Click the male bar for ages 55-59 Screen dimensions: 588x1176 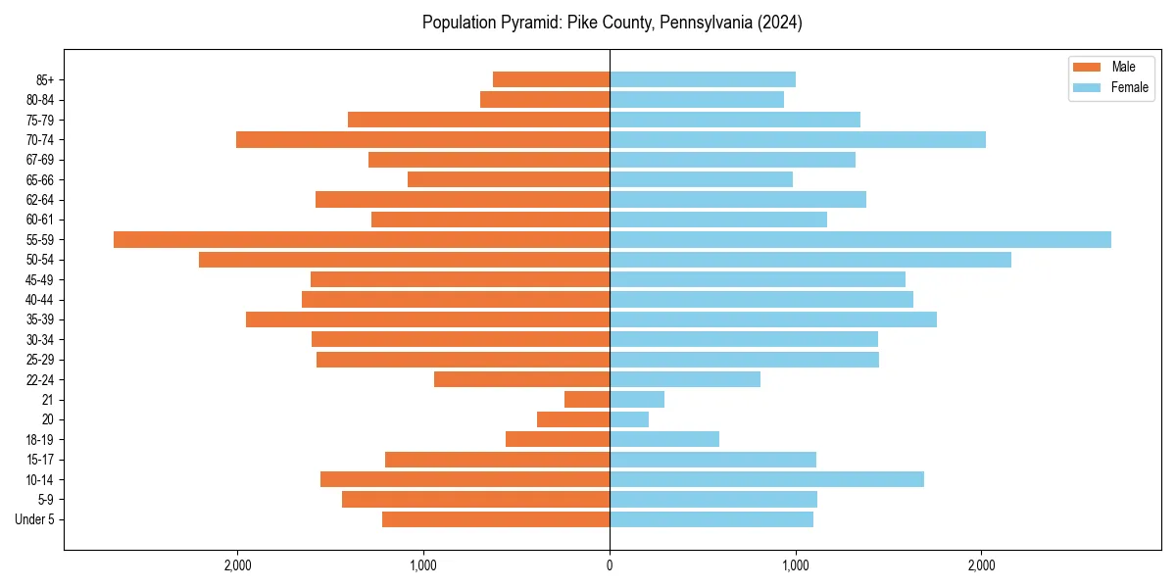click(x=362, y=240)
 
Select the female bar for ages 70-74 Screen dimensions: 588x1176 click(x=798, y=140)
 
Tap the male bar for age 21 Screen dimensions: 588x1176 click(x=587, y=400)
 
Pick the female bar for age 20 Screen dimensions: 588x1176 click(x=629, y=419)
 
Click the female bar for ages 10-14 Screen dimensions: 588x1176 click(x=766, y=479)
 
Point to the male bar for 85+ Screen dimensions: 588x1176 click(x=551, y=79)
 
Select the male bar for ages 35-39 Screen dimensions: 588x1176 click(x=427, y=319)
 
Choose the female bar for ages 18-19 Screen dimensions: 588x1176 click(x=664, y=439)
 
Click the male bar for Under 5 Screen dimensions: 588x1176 click(x=496, y=519)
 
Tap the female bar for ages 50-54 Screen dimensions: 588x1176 click(x=810, y=260)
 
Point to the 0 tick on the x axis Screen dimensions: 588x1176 click(x=610, y=565)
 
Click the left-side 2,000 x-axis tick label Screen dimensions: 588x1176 click(x=238, y=565)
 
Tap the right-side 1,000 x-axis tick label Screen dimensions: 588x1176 click(x=796, y=565)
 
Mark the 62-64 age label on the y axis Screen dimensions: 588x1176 click(x=40, y=200)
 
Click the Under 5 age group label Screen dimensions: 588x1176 click(x=34, y=519)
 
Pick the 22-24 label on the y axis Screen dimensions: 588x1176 click(x=40, y=379)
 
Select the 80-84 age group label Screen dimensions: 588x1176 click(x=40, y=100)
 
